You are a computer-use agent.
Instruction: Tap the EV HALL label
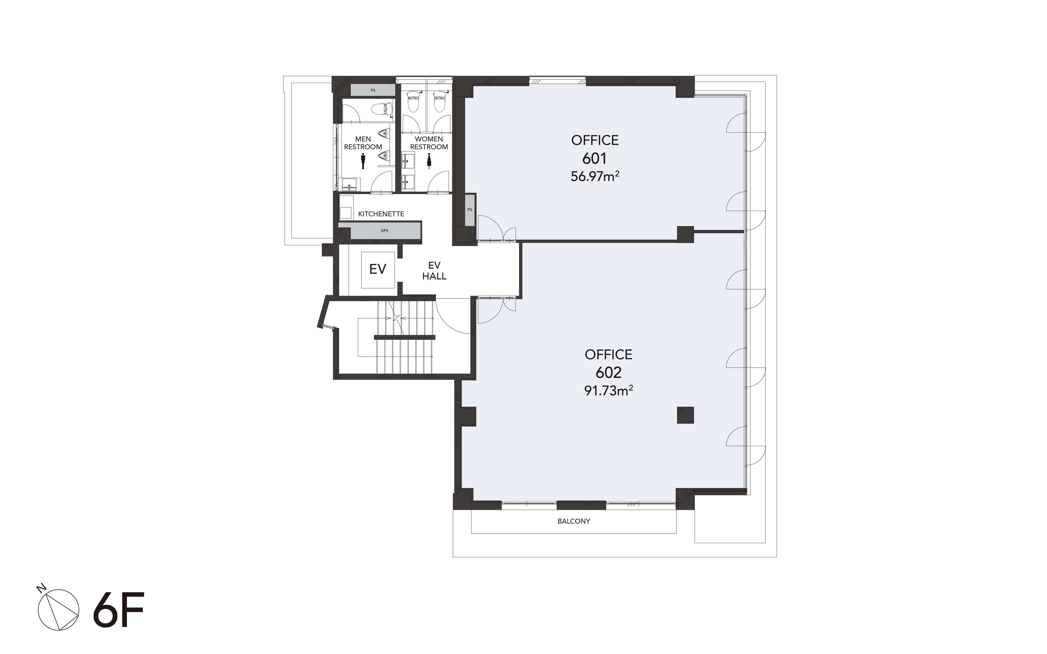[x=434, y=271]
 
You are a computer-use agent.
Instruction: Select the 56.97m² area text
[x=595, y=176]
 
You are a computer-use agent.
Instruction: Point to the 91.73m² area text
[x=609, y=390]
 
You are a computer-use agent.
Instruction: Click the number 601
[x=594, y=159]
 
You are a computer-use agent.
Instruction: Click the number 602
[x=609, y=372]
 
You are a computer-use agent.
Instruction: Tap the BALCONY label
[x=573, y=521]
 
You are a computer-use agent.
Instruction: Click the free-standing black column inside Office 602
[x=685, y=415]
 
